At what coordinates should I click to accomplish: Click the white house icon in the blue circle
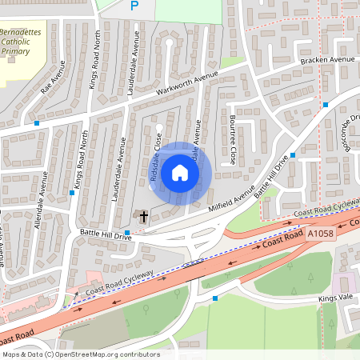[180, 173]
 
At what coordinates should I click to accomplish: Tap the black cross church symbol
[143, 216]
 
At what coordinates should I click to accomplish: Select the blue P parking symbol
[134, 6]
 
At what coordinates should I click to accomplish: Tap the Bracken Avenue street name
[327, 60]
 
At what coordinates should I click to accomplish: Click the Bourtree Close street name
[232, 140]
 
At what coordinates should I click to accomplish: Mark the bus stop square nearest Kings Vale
[214, 298]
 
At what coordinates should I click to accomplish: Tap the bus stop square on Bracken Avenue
[326, 105]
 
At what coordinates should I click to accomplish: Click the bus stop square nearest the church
[127, 230]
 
